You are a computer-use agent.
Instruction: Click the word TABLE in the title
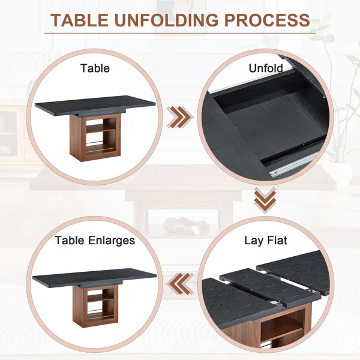[x=79, y=20]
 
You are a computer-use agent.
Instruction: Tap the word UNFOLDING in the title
[x=166, y=20]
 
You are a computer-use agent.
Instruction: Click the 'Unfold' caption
[x=266, y=68]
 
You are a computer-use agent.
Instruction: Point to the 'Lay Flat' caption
[x=266, y=241]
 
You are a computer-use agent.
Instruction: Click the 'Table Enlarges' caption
[x=95, y=241]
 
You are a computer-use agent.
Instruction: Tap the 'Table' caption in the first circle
[x=95, y=68]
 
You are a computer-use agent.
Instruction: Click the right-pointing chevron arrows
[x=180, y=117]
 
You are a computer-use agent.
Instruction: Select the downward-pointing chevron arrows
[x=265, y=200]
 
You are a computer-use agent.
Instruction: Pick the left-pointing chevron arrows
[x=180, y=284]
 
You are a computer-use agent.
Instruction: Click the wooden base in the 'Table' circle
[x=95, y=138]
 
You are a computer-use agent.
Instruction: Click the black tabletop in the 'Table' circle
[x=95, y=104]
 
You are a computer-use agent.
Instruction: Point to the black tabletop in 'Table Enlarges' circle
[x=94, y=277]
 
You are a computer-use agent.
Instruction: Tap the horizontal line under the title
[x=180, y=33]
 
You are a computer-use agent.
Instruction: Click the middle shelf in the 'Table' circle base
[x=101, y=128]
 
